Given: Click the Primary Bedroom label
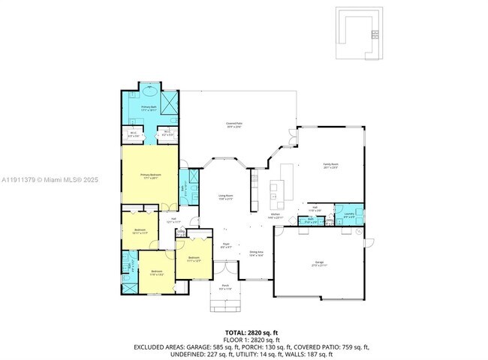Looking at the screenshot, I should tap(149, 175).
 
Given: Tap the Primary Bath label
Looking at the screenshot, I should tap(149, 108).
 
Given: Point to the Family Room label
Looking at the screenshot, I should tap(330, 165).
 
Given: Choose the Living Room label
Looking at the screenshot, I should tap(225, 197).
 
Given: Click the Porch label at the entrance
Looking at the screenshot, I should tap(225, 286).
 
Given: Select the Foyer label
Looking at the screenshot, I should tap(225, 244).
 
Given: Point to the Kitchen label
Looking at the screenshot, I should tap(276, 214).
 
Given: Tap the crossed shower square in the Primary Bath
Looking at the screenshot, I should tap(170, 100).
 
